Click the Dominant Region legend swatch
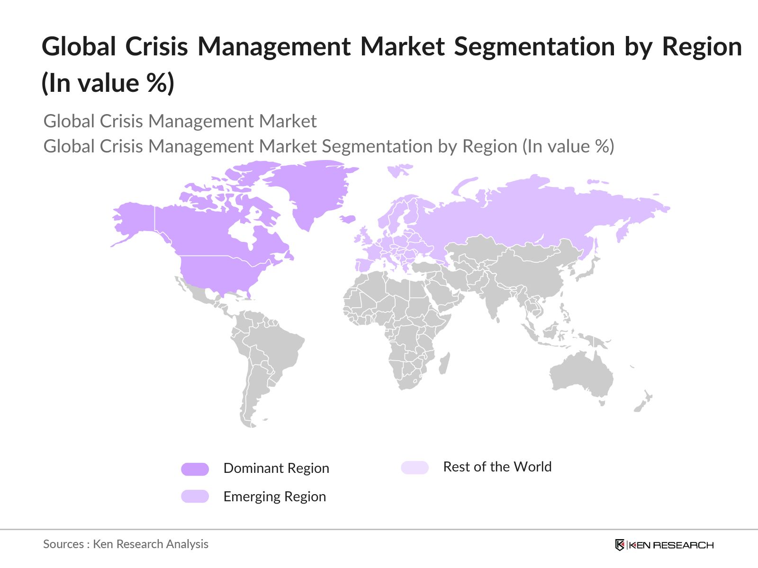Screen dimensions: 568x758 pos(195,469)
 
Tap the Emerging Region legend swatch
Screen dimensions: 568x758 pos(195,496)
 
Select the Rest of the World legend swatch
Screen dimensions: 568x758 pos(415,468)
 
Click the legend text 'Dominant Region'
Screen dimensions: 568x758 pos(276,468)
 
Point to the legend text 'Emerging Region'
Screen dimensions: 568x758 pos(275,497)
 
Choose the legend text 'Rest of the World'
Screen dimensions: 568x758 pos(497,467)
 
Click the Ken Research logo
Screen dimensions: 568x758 pos(664,545)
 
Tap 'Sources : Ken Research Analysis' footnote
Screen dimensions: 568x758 pos(126,544)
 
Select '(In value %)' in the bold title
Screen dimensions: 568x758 pos(108,83)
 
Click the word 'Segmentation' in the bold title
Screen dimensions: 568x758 pos(534,47)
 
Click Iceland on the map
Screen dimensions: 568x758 pos(348,219)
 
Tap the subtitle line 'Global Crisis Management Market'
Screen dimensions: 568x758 pos(180,121)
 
